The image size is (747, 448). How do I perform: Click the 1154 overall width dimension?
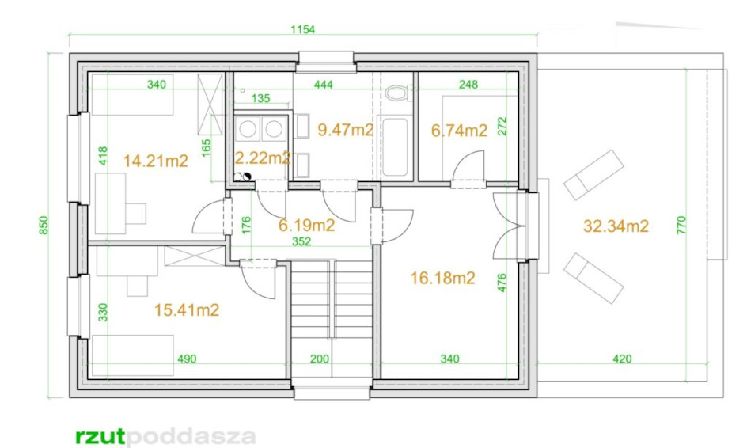pos(303,29)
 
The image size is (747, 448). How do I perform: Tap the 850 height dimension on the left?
pos(44,225)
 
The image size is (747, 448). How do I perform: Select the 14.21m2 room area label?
pos(156,161)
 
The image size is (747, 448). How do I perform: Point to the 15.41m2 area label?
pos(187,310)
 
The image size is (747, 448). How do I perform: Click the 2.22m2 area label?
pos(263,158)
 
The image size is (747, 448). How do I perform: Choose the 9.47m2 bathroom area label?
pos(345,130)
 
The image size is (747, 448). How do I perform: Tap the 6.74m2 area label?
pos(459,130)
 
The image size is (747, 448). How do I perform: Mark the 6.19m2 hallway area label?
pos(307,225)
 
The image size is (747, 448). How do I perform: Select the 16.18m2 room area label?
pos(443,278)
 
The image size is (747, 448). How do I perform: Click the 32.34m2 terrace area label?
pos(616,226)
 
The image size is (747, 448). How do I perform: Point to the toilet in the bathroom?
pos(398,92)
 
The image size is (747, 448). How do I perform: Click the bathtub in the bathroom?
pos(395,146)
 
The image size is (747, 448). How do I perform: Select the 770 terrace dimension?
pos(682,225)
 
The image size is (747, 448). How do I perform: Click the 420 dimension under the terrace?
pos(622,359)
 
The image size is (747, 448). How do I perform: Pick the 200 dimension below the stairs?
pos(320,359)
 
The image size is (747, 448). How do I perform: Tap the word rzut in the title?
pos(100,436)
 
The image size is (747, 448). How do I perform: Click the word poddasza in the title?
pos(191,437)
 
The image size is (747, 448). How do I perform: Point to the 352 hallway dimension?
pos(301,241)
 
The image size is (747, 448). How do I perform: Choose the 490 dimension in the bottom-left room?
pos(187,359)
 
